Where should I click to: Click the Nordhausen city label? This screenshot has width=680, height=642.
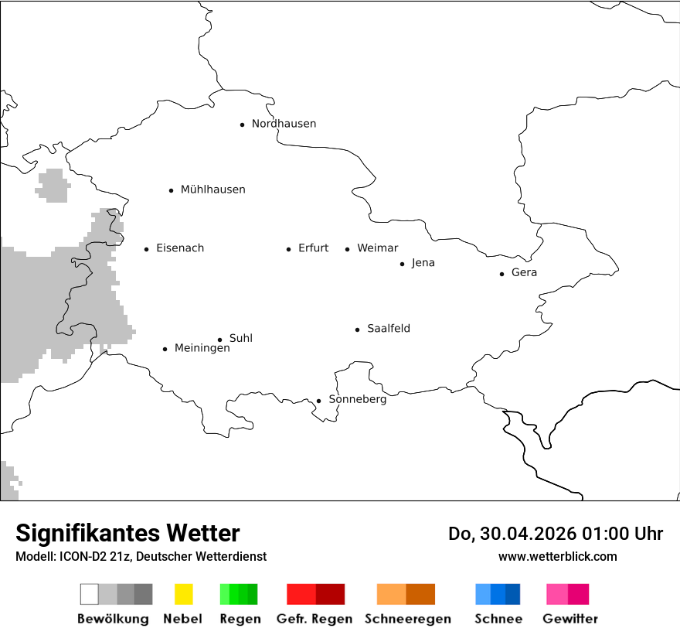(284, 124)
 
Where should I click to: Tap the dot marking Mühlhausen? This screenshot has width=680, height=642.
(171, 190)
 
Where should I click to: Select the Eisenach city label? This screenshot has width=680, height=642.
(180, 248)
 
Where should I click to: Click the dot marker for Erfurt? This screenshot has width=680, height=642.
(288, 249)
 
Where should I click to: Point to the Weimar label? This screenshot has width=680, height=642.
(377, 248)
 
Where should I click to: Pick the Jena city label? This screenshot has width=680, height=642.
(423, 263)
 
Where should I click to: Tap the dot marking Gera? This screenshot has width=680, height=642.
(501, 274)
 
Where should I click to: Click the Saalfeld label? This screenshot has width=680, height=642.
(388, 329)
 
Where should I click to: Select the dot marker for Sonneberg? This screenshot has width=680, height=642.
(318, 401)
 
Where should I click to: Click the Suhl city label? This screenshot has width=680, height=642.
(240, 338)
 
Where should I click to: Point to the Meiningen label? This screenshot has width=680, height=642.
(202, 348)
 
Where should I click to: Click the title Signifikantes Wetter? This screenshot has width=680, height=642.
(127, 533)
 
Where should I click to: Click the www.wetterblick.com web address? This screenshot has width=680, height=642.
(557, 556)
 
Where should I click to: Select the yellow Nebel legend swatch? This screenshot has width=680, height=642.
(183, 594)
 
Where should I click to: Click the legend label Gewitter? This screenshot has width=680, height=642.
(569, 619)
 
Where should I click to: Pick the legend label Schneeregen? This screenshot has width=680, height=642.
(407, 619)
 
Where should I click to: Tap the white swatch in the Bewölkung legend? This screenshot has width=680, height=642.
(89, 594)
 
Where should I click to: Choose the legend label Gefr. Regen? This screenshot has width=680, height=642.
(314, 619)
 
